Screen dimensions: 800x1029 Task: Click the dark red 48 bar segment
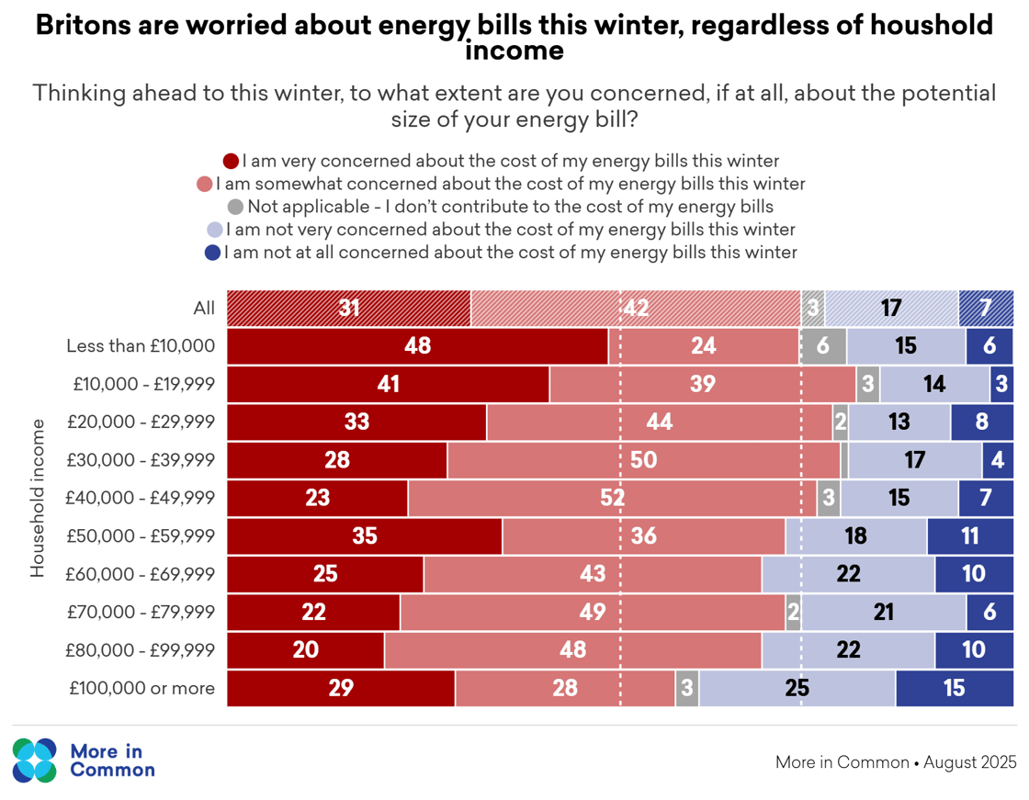click(x=417, y=346)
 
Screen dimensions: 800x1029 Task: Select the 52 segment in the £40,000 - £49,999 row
click(x=612, y=498)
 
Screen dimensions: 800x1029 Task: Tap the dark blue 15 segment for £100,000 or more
click(x=955, y=688)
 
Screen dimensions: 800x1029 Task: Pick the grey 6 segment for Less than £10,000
click(x=823, y=346)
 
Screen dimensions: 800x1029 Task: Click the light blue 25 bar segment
click(x=797, y=688)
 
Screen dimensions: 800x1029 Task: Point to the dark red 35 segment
click(x=365, y=535)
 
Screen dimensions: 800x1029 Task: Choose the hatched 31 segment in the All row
click(x=349, y=308)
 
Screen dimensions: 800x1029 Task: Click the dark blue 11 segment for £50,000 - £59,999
click(x=969, y=535)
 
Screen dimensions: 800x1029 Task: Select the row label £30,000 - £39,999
click(x=144, y=459)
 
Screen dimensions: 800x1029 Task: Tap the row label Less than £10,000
click(x=141, y=346)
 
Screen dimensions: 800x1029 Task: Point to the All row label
click(x=204, y=308)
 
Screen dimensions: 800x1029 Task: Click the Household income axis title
click(x=38, y=498)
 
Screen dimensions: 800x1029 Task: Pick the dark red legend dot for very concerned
click(x=232, y=162)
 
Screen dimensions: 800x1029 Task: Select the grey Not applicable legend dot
click(x=235, y=207)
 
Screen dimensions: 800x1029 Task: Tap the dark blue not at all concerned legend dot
click(x=213, y=252)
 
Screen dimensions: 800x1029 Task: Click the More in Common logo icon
click(x=35, y=760)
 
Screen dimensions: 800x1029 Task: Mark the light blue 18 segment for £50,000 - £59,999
click(x=856, y=535)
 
